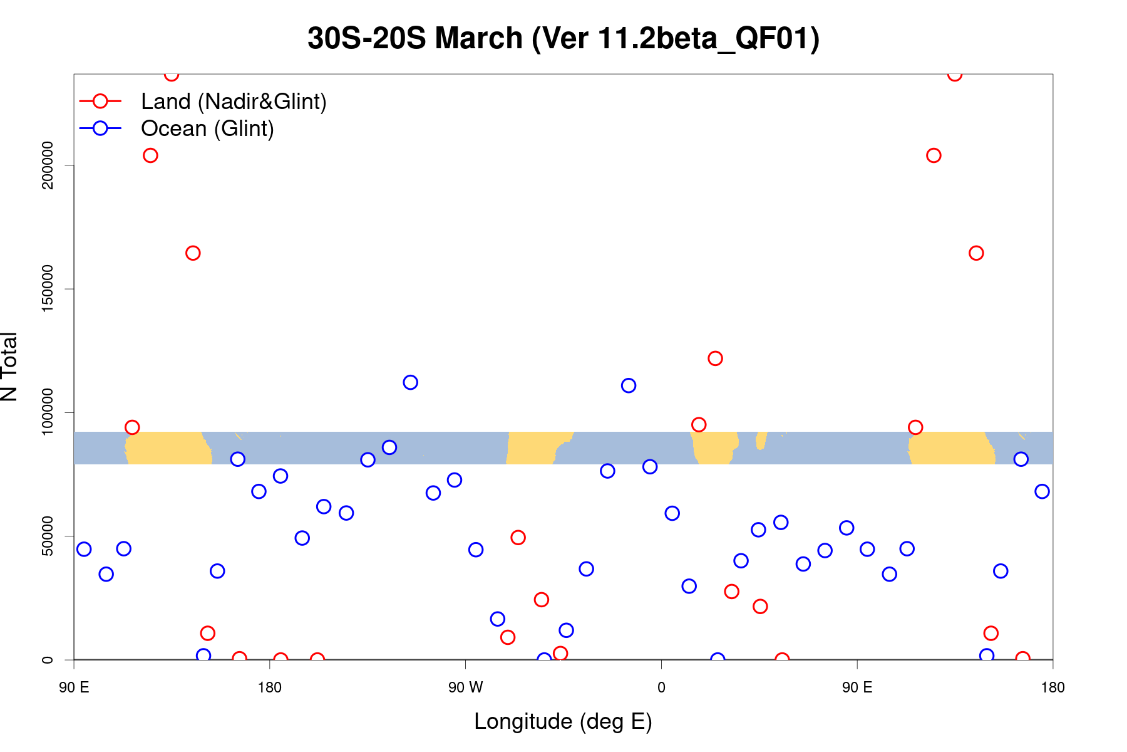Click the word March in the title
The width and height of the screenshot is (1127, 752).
[x=479, y=39]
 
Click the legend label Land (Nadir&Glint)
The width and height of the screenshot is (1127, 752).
[x=234, y=102]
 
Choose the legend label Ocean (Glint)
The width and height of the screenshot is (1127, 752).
[x=207, y=128]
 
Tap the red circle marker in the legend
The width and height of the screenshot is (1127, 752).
[x=100, y=102]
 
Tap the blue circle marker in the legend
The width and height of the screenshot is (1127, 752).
[x=100, y=128]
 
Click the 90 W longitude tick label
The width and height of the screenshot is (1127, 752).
[x=465, y=687]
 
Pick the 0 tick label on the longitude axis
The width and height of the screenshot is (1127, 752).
[x=661, y=687]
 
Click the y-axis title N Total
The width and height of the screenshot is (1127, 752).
[x=9, y=367]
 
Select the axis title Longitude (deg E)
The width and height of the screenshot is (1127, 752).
[x=563, y=721]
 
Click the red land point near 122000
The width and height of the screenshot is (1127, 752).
[x=715, y=358]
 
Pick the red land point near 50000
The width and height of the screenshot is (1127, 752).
[x=518, y=537]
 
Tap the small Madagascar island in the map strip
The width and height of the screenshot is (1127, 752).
[x=761, y=441]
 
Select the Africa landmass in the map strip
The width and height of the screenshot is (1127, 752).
[x=714, y=447]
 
